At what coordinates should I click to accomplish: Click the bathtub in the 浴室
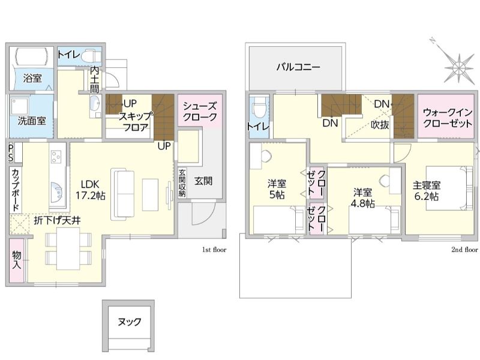point(32,56)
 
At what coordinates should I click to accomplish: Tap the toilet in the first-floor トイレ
point(91,56)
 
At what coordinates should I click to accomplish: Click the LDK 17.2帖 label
point(91,190)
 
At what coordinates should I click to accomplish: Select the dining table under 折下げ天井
point(68,248)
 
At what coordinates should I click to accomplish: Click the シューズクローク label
point(200,112)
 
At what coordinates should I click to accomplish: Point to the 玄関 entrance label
point(203,181)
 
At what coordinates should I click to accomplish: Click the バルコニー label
point(298,67)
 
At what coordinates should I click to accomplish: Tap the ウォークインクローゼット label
point(447,118)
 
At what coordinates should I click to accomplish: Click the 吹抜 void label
point(380,125)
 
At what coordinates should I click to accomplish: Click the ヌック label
point(130,322)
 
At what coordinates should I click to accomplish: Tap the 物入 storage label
point(17,260)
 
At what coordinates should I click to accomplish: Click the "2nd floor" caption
point(464,250)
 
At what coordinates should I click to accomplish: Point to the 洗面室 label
point(32,121)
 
